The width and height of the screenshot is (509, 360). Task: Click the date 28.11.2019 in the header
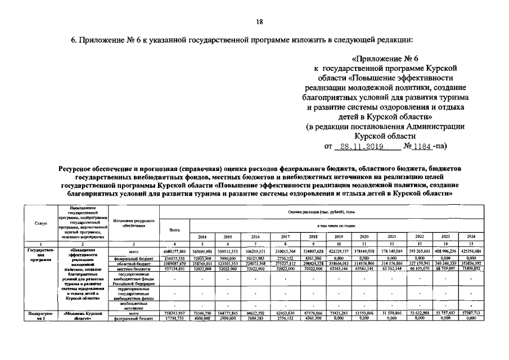358,147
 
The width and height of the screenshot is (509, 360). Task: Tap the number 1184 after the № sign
422,147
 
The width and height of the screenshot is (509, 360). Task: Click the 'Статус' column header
40,224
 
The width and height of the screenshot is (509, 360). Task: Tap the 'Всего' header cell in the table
174,230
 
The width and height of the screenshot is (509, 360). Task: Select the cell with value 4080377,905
174,251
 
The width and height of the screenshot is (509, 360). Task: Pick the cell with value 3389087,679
174,263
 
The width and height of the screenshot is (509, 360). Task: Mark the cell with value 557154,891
174,269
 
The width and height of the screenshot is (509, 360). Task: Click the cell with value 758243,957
174,313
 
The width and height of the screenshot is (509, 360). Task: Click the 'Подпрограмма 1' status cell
40,315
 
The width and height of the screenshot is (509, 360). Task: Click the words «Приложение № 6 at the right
385,58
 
